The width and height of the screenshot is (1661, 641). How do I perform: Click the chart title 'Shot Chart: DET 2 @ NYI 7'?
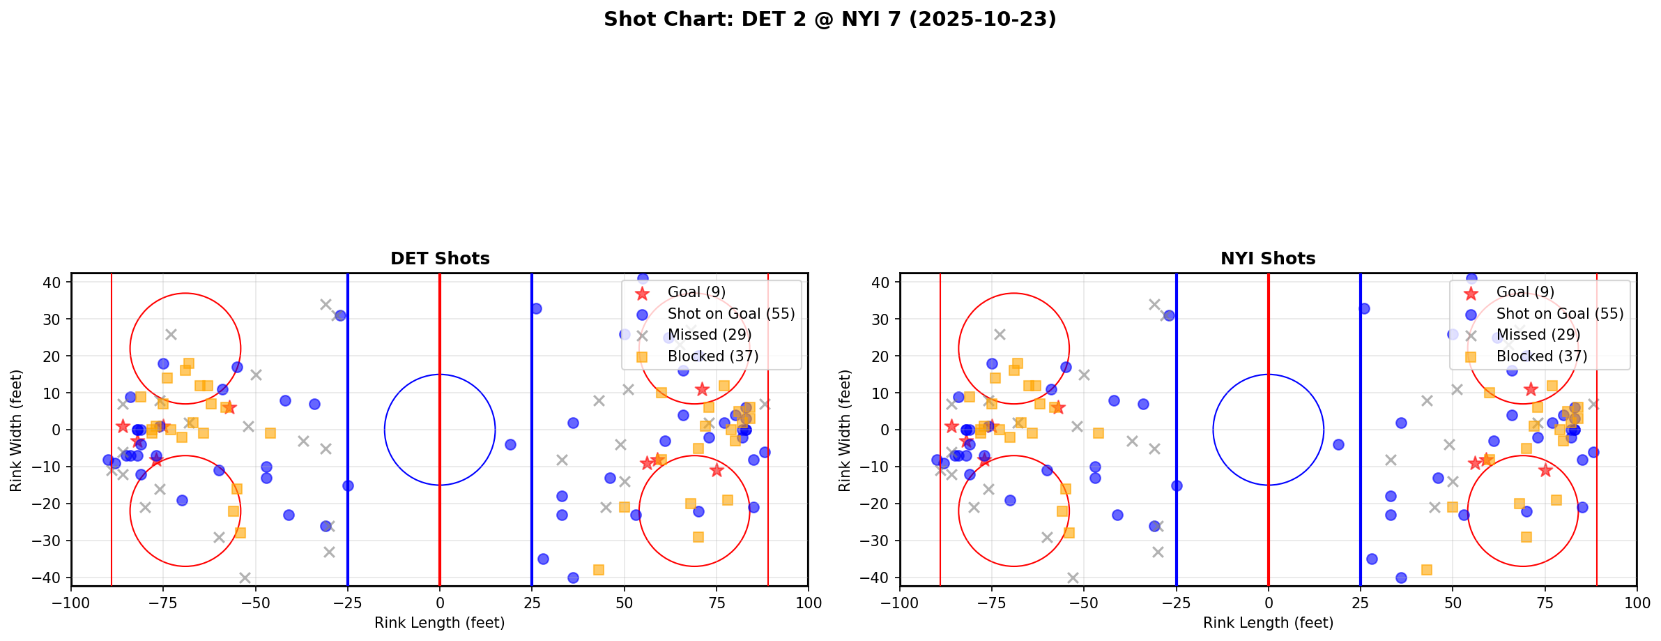829,19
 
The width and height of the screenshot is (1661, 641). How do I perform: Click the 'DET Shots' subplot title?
440,259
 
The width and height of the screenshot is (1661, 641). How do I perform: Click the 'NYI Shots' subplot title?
1268,259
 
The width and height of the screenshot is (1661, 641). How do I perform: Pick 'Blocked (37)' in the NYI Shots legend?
1541,356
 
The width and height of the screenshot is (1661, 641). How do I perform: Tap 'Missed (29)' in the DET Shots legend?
709,335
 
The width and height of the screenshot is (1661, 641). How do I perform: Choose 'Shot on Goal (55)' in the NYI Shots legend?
1559,314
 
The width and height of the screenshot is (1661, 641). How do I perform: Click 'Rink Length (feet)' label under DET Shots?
440,623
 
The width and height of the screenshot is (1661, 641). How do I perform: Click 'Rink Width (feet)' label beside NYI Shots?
845,430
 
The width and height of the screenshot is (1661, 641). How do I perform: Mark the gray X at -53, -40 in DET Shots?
245,578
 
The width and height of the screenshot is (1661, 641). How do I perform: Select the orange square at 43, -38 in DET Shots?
598,570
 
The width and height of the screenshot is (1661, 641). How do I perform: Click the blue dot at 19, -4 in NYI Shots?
1338,444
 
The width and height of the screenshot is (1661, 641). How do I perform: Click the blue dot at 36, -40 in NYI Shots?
1401,578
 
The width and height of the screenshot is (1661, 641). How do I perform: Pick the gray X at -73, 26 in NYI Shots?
1000,334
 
